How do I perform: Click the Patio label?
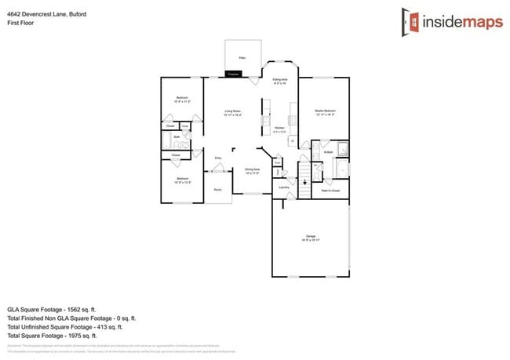click(242, 57)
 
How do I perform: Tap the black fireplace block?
click(234, 74)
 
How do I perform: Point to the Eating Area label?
click(280, 80)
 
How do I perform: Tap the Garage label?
click(310, 236)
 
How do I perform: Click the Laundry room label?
click(284, 187)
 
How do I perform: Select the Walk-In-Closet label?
click(330, 189)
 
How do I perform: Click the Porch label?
click(218, 190)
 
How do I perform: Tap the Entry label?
click(218, 158)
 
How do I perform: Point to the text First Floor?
click(23, 24)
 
